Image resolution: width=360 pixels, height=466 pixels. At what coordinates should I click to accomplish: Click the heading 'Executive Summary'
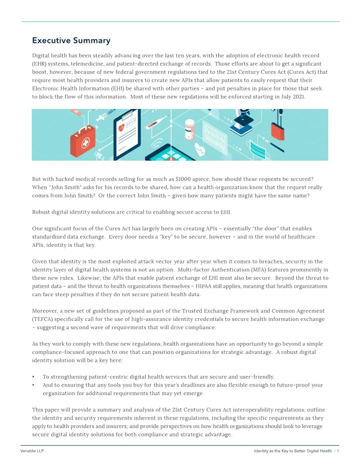(71, 41)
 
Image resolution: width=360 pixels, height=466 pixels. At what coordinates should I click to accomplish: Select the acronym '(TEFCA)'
(42, 319)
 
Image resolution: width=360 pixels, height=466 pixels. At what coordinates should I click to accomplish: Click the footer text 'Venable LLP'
(32, 451)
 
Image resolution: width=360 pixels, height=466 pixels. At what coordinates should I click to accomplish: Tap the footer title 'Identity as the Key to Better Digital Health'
(293, 451)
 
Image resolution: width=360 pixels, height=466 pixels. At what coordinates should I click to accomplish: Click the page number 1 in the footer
(338, 451)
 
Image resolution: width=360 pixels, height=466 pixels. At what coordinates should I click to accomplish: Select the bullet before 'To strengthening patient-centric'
(34, 377)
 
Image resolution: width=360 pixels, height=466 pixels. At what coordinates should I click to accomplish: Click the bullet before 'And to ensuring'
(34, 385)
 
